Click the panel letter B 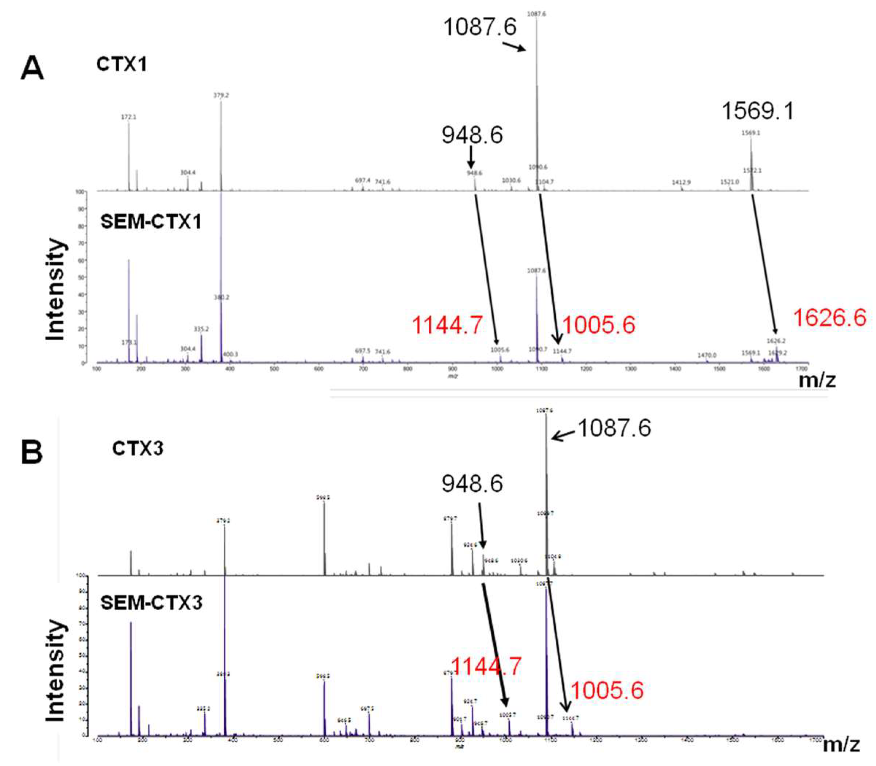point(32,452)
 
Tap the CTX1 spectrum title point(121,65)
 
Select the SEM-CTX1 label point(150,222)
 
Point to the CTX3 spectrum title point(138,449)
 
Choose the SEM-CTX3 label point(151,603)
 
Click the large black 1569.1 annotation point(757,111)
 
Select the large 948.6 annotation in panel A point(472,135)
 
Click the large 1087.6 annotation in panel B point(614,428)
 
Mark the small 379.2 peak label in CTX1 point(221,95)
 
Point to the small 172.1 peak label point(128,117)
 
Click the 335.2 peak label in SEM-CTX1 point(201,329)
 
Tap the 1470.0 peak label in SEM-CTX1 point(707,355)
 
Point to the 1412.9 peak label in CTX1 point(681,182)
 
